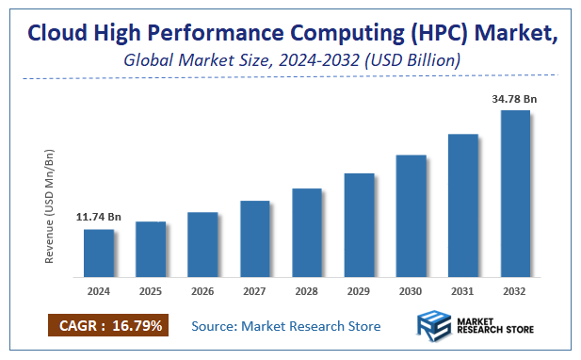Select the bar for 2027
pos(254,240)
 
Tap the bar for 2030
pos(411,218)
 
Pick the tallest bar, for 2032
pos(515,196)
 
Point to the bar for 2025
pos(151,252)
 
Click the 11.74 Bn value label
pos(99,217)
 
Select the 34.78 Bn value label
pos(515,98)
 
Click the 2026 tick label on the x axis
pos(202,292)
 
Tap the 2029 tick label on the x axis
pos(359,292)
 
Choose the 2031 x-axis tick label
pos(462,292)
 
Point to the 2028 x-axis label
pos(307,292)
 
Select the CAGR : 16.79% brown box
pos(106,326)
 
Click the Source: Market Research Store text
pos(285,326)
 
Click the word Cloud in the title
pos(58,35)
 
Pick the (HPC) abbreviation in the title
pos(443,35)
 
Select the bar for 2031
pos(462,207)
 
